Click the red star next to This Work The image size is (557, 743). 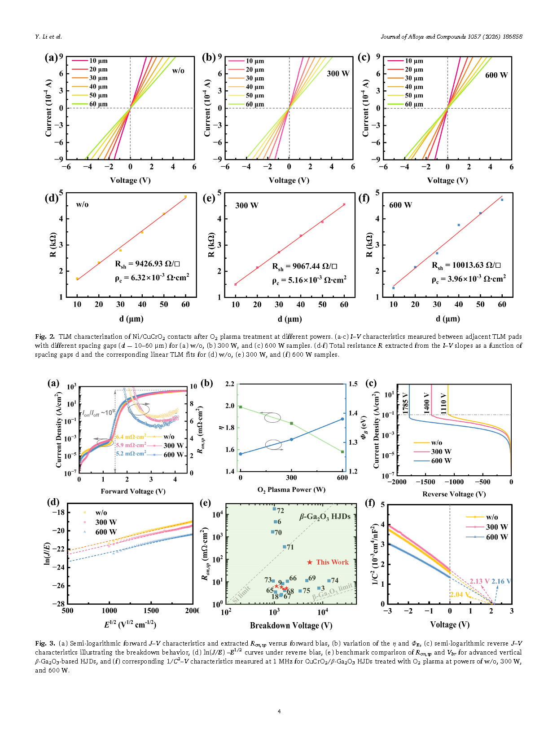310,562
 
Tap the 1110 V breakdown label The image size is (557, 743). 443,403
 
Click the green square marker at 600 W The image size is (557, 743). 342,452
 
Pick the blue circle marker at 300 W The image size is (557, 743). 291,439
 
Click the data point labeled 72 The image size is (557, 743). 274,509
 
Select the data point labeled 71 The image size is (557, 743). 285,547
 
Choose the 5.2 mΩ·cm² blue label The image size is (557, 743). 131,454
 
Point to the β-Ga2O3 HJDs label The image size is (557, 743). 325,517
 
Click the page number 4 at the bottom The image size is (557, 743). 279,711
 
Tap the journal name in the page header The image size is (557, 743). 451,37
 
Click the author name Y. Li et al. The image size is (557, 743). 48,37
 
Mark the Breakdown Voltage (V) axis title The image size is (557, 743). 291,625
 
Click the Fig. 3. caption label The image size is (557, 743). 45,643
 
